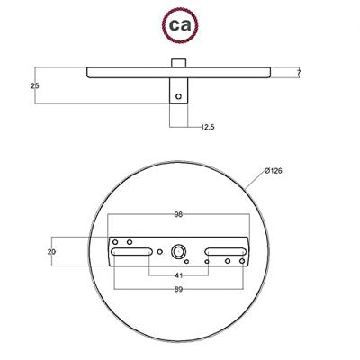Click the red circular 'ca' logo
click(x=179, y=21)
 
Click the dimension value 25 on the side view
click(x=33, y=86)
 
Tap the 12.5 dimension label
click(x=207, y=127)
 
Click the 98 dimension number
click(x=180, y=215)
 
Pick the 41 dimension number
click(x=180, y=274)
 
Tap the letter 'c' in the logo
click(x=173, y=22)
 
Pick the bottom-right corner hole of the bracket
click(x=241, y=262)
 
